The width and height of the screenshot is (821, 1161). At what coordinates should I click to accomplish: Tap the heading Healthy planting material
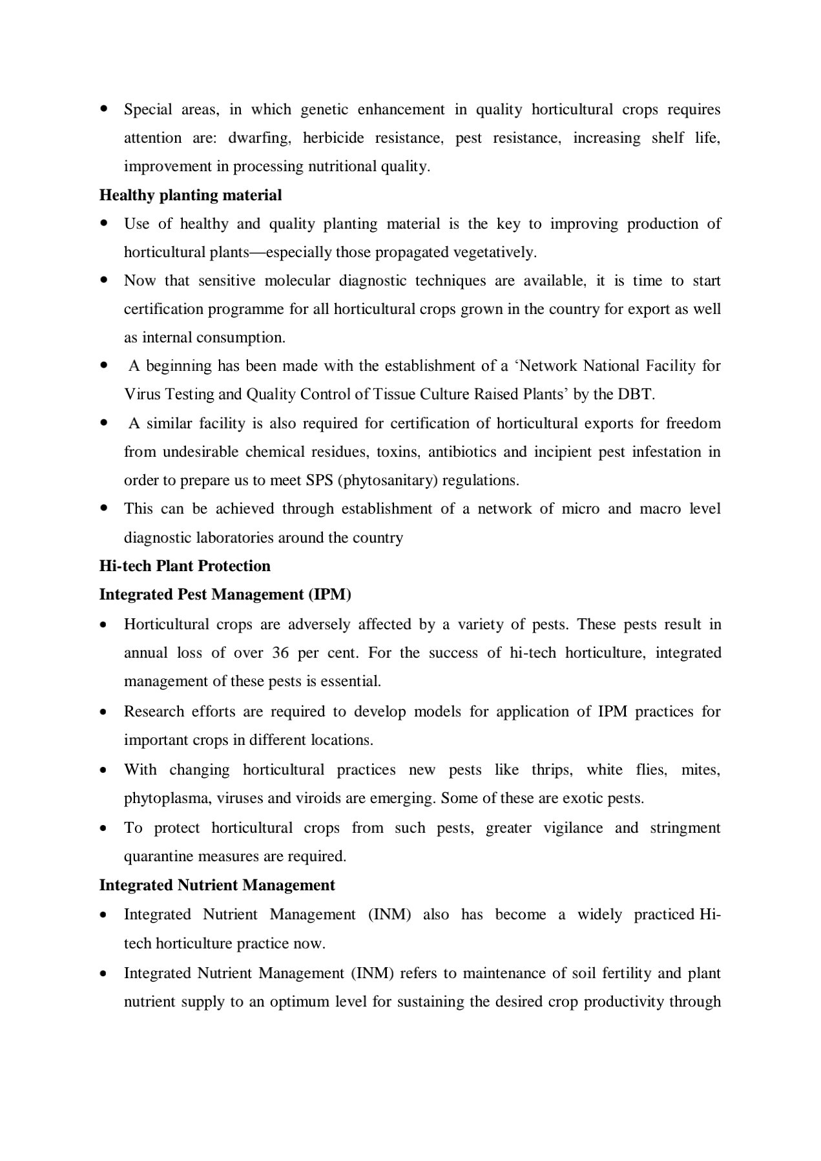tap(191, 195)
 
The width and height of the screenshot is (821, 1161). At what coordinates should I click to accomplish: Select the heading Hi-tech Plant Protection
tap(185, 566)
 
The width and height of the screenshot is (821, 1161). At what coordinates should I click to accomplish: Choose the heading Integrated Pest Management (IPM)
tap(225, 594)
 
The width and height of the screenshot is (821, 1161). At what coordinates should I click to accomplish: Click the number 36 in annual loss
tap(280, 653)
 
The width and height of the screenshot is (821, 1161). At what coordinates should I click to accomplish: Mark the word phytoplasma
tap(166, 799)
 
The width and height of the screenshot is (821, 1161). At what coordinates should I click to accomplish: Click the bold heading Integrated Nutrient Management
tap(217, 885)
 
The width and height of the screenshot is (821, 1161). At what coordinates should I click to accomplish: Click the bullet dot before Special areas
tap(103, 109)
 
